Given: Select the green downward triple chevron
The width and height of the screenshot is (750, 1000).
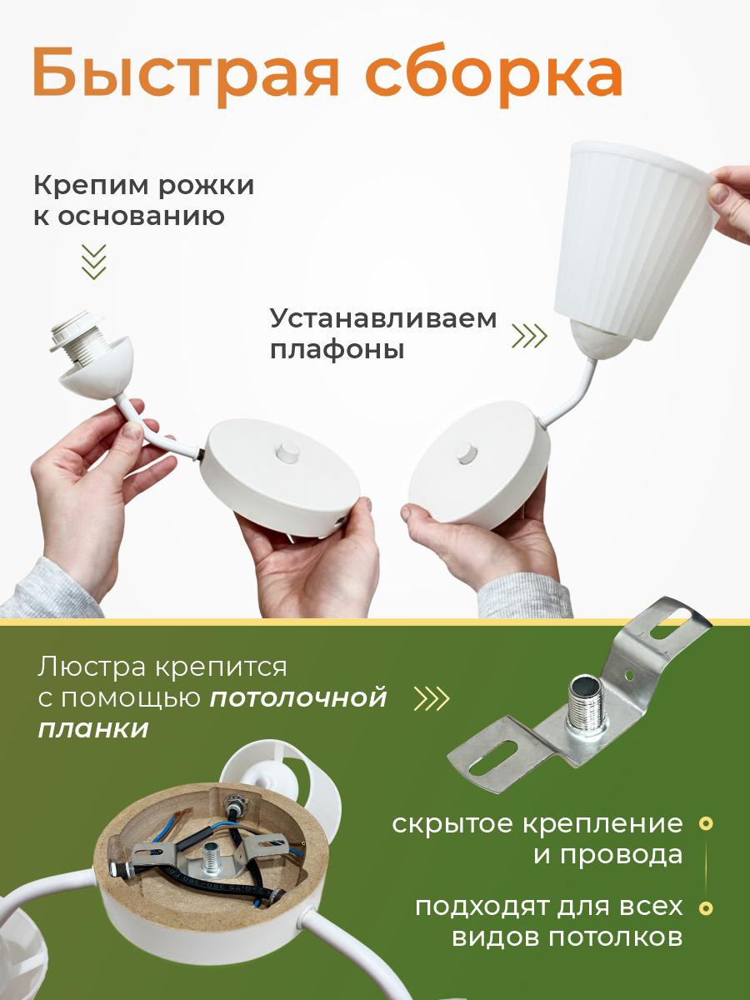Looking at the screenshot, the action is [94, 262].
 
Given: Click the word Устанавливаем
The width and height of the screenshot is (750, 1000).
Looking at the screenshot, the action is [383, 319].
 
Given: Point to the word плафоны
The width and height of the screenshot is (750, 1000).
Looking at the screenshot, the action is [337, 351].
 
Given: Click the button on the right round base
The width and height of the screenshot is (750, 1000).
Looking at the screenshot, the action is [465, 454].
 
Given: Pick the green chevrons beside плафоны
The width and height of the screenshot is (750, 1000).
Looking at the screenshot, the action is [530, 336].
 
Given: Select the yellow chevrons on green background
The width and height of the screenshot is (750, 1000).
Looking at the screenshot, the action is [432, 698].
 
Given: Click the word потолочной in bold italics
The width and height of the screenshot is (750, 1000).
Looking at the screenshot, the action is [298, 698].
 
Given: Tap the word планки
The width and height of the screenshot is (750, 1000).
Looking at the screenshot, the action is [93, 730].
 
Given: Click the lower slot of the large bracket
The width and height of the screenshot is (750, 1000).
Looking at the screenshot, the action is [494, 757].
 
